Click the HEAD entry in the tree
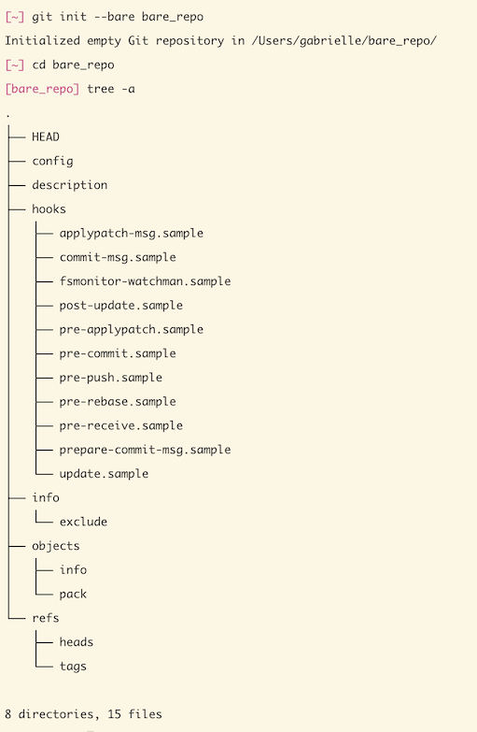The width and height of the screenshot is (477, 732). tap(46, 136)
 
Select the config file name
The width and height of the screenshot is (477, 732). tap(52, 161)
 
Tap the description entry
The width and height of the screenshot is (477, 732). tap(69, 185)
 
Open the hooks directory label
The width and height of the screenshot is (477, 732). tap(49, 208)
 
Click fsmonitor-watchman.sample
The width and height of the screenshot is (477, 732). tap(145, 281)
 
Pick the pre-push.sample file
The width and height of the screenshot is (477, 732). tap(110, 377)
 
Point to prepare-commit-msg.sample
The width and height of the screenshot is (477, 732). tap(145, 450)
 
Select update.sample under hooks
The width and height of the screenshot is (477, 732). tap(104, 474)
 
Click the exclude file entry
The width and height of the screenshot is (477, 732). tap(83, 522)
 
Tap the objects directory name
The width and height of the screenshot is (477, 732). tap(56, 546)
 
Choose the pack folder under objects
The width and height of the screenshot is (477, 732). tap(73, 594)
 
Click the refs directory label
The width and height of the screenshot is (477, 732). tap(46, 618)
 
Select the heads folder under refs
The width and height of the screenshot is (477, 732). tap(77, 642)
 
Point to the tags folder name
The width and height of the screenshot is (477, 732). tap(73, 667)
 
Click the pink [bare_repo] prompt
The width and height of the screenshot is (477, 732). tap(42, 89)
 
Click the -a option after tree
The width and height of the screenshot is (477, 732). tap(128, 89)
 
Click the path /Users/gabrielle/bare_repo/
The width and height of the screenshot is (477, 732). tap(344, 40)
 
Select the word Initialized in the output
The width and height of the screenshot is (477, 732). tap(42, 40)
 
